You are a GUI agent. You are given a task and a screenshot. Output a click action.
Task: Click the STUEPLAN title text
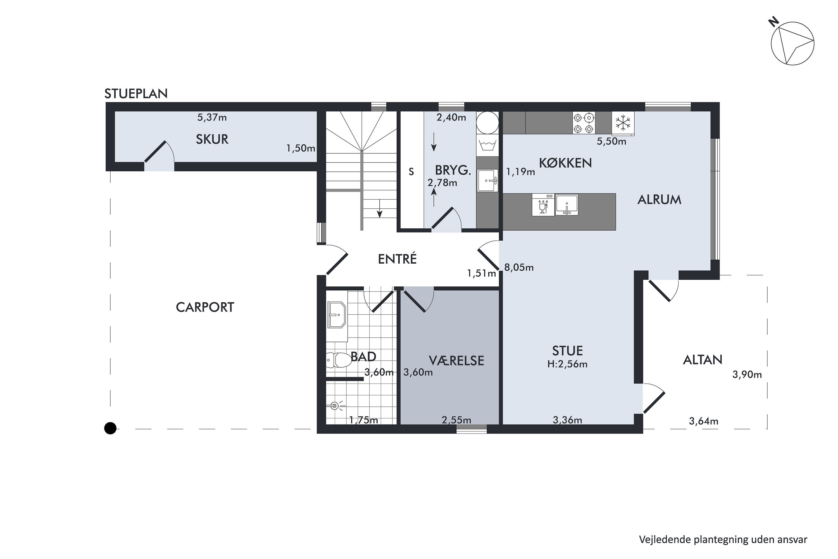(x=136, y=93)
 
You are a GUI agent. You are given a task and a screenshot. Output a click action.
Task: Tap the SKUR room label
(x=212, y=139)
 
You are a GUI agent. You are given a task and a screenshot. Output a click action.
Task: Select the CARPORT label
(x=205, y=307)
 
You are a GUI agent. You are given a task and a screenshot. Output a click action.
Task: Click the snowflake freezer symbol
(x=623, y=123)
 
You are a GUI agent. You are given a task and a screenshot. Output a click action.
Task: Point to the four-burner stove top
(x=584, y=123)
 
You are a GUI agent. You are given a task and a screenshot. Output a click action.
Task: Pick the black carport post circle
(x=110, y=428)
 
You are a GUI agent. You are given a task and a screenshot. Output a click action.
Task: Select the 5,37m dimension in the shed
(x=212, y=117)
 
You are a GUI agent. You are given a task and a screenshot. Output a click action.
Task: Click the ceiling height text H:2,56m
(x=567, y=364)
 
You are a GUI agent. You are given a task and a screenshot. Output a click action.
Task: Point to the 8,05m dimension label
(x=519, y=267)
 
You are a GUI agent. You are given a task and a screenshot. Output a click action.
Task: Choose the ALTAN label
(x=703, y=360)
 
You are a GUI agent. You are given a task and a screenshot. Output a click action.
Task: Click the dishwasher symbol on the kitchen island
(x=543, y=205)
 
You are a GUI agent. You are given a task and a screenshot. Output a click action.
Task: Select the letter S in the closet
(x=411, y=172)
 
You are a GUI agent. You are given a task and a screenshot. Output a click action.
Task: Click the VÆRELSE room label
(x=456, y=361)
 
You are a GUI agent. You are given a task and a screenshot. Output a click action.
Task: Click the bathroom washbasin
(x=337, y=315)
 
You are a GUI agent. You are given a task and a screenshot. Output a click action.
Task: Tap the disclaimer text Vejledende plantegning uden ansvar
(x=723, y=539)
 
